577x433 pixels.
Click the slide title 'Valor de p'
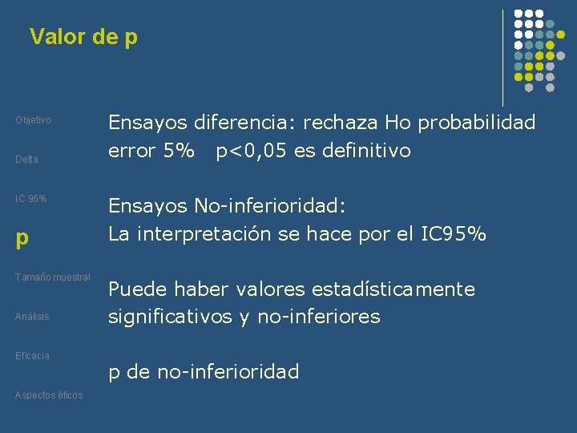point(83,37)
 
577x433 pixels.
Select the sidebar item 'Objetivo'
point(33,120)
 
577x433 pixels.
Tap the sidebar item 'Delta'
point(26,160)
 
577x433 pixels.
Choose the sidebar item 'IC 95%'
point(31,199)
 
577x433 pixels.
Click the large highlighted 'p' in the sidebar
point(22,238)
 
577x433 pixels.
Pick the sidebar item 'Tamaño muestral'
point(53,277)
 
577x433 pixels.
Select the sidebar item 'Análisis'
point(32,317)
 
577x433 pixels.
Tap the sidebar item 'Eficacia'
point(32,355)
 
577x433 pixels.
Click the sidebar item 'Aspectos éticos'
point(49,395)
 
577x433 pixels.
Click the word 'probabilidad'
point(476,123)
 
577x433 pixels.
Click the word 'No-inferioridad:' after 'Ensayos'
point(269,206)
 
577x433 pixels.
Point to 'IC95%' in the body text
point(456,234)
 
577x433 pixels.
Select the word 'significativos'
point(170,317)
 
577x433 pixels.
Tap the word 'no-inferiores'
point(318,317)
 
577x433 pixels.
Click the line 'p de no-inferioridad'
point(204,372)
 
